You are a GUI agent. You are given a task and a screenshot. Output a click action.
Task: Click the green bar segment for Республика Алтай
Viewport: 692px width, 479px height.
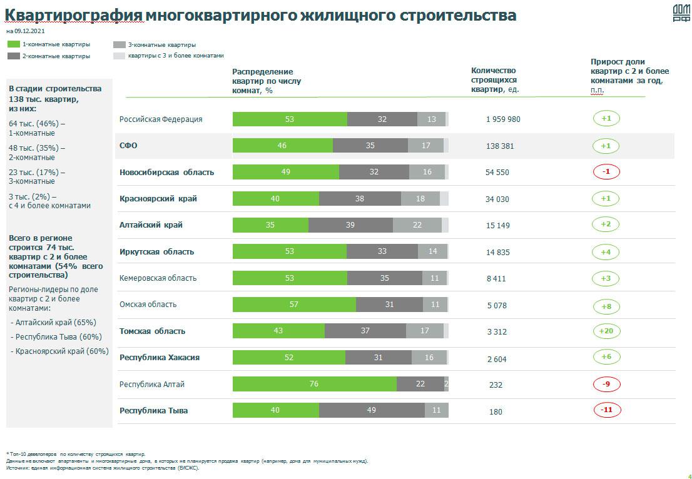coord(314,384)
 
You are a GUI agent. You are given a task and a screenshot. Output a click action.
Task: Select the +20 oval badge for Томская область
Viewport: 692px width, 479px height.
coord(606,331)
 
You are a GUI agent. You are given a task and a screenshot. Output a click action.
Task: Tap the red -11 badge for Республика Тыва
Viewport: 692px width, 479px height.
coord(606,410)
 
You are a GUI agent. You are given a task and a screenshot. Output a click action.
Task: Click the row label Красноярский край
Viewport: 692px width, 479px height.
coord(158,199)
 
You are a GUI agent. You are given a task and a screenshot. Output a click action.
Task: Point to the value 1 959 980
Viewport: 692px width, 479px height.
coord(503,119)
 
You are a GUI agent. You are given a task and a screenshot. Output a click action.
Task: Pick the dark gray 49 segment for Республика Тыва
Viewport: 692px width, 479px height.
coord(372,410)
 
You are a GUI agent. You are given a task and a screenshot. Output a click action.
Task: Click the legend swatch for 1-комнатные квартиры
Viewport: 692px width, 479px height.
coord(13,44)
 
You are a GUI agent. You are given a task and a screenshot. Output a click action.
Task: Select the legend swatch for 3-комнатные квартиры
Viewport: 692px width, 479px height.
coord(119,45)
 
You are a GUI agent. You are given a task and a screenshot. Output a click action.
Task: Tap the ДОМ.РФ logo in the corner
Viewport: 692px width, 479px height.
coord(681,14)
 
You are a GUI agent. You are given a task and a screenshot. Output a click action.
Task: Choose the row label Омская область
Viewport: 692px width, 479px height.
coord(148,305)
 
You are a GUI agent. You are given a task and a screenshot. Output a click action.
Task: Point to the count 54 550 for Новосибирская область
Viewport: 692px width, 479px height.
coord(497,172)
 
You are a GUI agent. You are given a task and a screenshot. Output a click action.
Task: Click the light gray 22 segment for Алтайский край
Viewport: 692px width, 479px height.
coord(417,225)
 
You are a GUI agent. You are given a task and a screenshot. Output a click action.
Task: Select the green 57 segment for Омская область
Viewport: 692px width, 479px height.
coord(294,305)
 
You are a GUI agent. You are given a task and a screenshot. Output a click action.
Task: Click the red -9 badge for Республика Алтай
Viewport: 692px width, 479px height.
coord(606,384)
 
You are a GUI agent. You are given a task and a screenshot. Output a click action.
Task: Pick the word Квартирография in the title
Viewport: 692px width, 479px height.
coord(74,15)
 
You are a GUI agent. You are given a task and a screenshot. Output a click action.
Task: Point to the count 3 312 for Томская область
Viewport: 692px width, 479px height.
coord(496,332)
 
